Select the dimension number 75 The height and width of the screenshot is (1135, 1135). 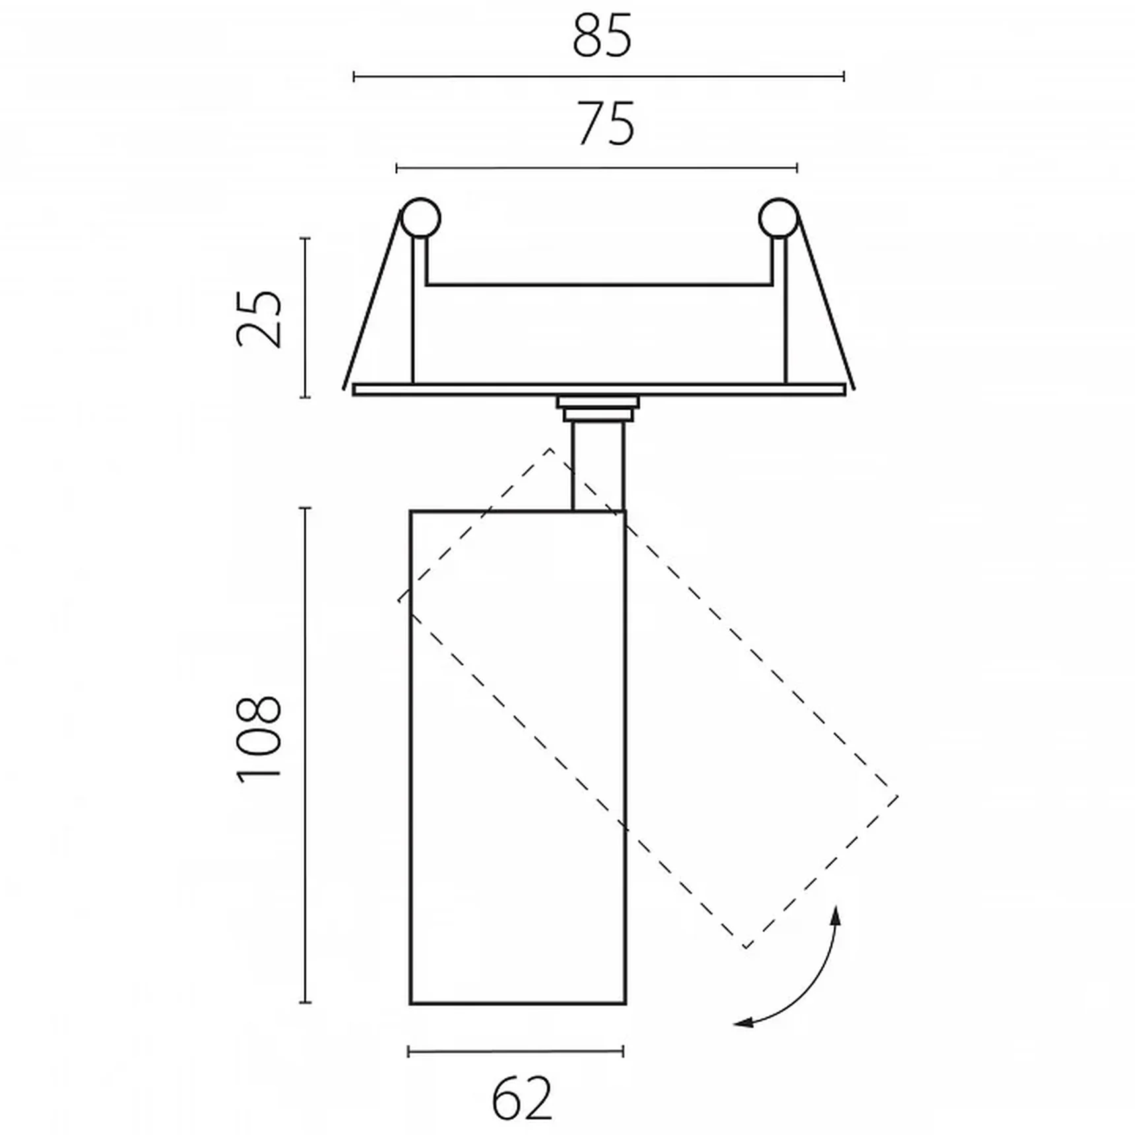pyautogui.click(x=606, y=124)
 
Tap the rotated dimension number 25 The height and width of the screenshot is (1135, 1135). pyautogui.click(x=259, y=318)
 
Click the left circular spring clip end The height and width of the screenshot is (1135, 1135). pyautogui.click(x=420, y=217)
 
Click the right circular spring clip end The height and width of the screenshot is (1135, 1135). pyautogui.click(x=779, y=217)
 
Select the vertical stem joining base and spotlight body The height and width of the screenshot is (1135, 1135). pyautogui.click(x=598, y=466)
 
